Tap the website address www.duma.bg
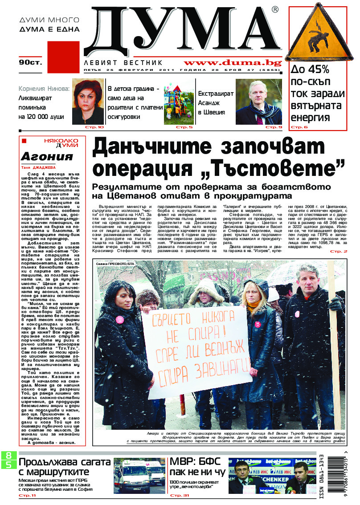pos(233,63)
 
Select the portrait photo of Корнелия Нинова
pos(87,102)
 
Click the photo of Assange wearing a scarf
pos(258,102)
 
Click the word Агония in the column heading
pos(47,156)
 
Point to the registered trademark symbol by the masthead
pos(275,10)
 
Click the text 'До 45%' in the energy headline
pos(310,70)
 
